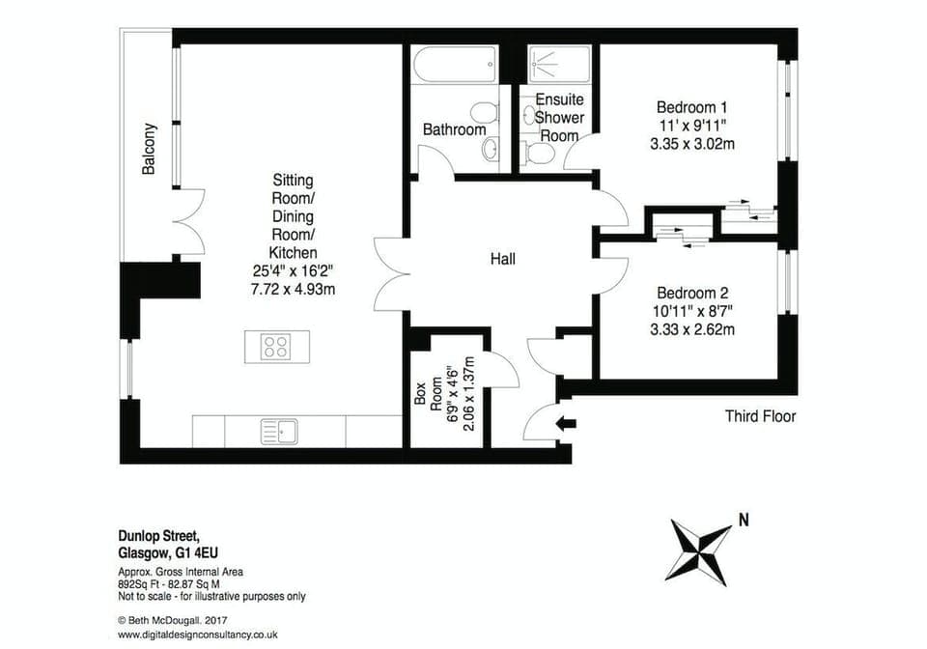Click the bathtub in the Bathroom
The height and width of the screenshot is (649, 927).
pyautogui.click(x=454, y=68)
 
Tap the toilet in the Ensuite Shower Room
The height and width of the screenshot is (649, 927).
pyautogui.click(x=535, y=153)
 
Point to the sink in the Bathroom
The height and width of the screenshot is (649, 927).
pyautogui.click(x=491, y=149)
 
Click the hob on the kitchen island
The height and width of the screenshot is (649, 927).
pyautogui.click(x=276, y=345)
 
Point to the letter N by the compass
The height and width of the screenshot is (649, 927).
pyautogui.click(x=744, y=520)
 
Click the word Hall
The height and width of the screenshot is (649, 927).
pyautogui.click(x=502, y=259)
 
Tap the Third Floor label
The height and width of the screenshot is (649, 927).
pyautogui.click(x=760, y=416)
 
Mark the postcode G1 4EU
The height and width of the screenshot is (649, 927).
pyautogui.click(x=205, y=553)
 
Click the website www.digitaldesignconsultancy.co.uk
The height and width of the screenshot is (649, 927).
pyautogui.click(x=198, y=635)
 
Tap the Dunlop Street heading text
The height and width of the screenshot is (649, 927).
pyautogui.click(x=154, y=538)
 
